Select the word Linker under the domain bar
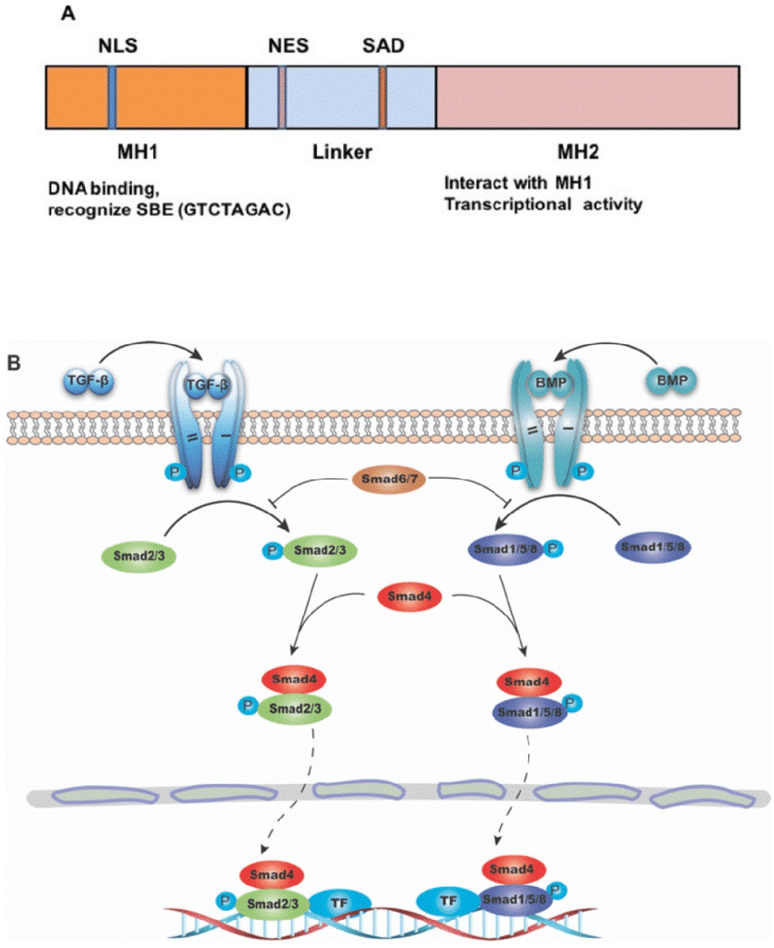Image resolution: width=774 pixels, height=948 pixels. (341, 151)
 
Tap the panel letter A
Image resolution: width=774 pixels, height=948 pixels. (67, 13)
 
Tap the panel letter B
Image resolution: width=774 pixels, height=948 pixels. (14, 363)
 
